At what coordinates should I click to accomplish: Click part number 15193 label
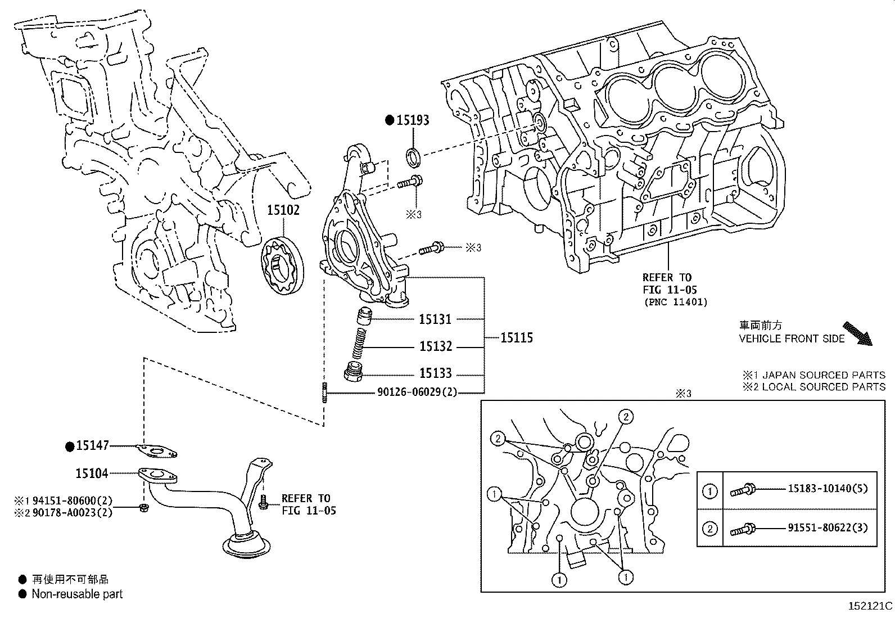click(x=413, y=120)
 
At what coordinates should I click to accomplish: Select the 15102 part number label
click(x=283, y=210)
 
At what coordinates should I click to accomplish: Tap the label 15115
click(x=516, y=337)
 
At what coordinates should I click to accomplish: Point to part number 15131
click(x=435, y=319)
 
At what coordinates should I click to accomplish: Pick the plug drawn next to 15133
click(x=353, y=373)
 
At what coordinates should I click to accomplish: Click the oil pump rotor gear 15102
click(x=282, y=265)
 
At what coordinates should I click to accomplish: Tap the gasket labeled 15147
click(x=157, y=450)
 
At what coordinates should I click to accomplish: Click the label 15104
click(x=92, y=473)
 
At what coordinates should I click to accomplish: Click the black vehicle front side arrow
click(x=857, y=333)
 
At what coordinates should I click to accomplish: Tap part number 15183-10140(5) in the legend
click(x=827, y=488)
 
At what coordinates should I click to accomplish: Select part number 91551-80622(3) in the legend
click(x=827, y=528)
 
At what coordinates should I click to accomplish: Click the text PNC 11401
click(x=675, y=302)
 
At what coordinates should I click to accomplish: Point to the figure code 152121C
click(x=870, y=606)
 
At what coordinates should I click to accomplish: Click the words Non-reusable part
click(x=76, y=594)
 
